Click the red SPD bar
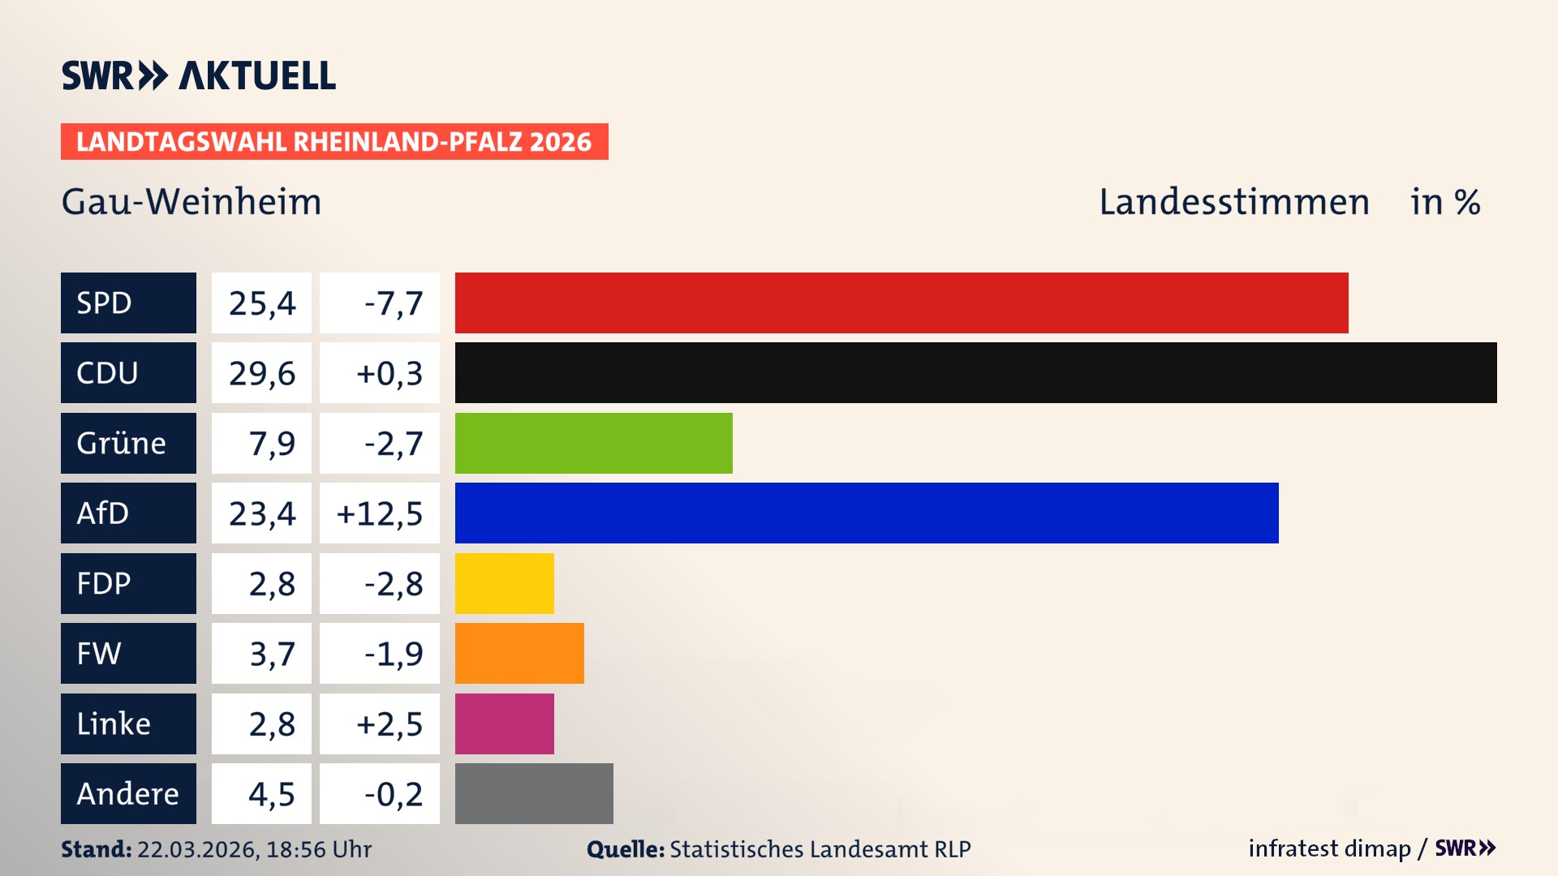click(901, 303)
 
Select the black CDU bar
click(975, 372)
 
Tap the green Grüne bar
click(593, 443)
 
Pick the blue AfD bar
click(866, 513)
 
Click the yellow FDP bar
click(504, 583)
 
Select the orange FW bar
click(519, 653)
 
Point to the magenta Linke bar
click(504, 724)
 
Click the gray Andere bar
click(534, 793)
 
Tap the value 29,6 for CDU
click(261, 373)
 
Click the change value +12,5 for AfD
click(379, 513)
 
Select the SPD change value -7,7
click(393, 303)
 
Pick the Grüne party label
click(122, 443)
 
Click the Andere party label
click(127, 793)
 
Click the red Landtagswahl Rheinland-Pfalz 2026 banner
click(334, 142)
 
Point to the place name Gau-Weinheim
click(192, 202)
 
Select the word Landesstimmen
click(1233, 202)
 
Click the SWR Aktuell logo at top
click(198, 75)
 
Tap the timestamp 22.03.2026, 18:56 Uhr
click(253, 849)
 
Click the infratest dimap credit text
click(1328, 848)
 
